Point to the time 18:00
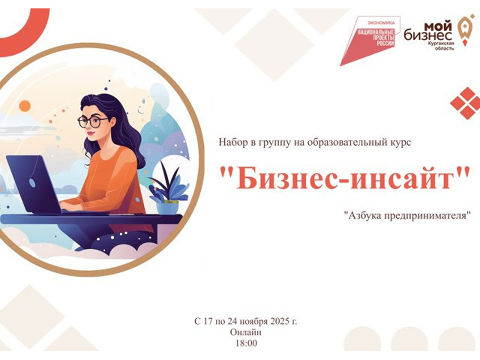pos(246,343)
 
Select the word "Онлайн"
pos(246,332)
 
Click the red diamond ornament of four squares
pos(465,103)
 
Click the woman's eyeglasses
pos(93,121)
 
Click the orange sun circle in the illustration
pos(25,106)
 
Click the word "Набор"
pos(231,142)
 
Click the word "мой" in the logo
pos(438,25)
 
